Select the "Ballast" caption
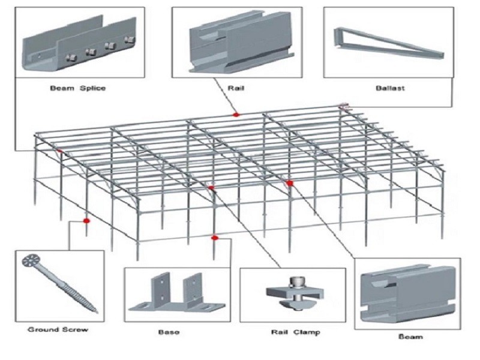(390, 88)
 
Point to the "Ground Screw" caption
(58, 329)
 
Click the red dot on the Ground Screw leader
(86, 221)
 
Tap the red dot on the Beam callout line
(290, 183)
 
